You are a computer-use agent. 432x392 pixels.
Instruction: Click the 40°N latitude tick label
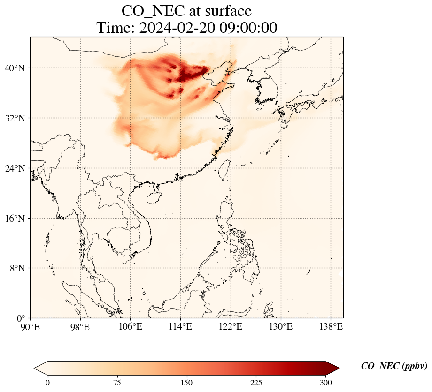coord(15,68)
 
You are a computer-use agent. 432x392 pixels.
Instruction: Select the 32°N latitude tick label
coord(15,118)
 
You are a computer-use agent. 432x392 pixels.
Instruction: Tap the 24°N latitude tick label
coord(15,168)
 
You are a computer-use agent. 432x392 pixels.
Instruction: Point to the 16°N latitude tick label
coord(15,219)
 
